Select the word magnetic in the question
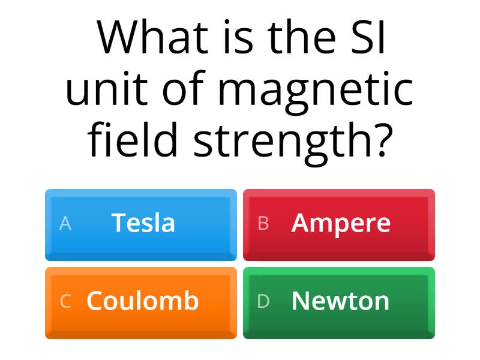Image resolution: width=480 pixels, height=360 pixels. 316,90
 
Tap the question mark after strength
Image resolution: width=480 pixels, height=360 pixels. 379,139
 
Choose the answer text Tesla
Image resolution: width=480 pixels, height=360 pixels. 143,223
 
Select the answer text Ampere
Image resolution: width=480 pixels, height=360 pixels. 341,224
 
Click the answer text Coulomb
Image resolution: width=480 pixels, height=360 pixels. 142,301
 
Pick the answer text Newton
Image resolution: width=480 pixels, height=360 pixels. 340,301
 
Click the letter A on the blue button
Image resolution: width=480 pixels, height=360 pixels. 65,224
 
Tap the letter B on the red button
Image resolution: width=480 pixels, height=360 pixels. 263,224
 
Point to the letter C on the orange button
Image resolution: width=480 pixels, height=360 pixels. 65,301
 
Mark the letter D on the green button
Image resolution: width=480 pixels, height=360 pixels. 263,301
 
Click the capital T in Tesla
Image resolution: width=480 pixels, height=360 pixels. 118,223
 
